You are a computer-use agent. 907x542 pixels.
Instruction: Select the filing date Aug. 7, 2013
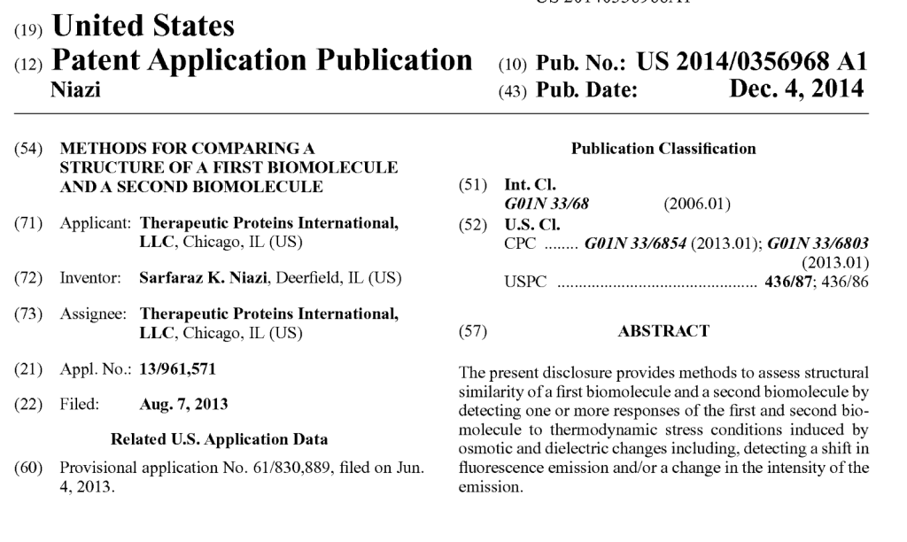click(183, 405)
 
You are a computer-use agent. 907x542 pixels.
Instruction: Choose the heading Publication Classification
click(663, 149)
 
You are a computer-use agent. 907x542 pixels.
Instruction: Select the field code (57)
click(470, 331)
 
